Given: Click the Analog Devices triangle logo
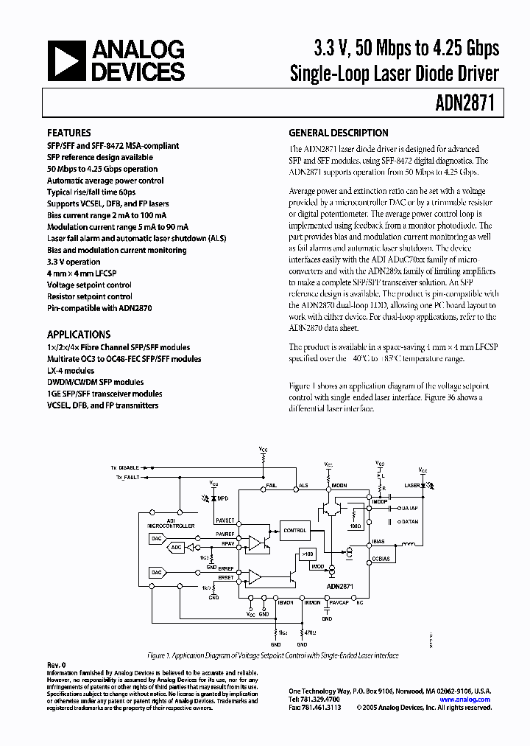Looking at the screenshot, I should point(66,61).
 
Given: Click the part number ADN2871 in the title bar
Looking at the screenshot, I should point(468,104).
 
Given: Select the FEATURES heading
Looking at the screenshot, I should point(70,133).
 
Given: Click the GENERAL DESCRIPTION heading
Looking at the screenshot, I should point(338,133).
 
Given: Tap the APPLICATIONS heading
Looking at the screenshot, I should point(79,334).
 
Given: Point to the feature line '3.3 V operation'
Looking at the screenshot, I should point(74,262).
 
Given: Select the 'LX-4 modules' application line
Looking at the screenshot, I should point(71,371).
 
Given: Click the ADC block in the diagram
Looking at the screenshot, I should point(176,548).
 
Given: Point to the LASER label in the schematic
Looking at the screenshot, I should point(413,486).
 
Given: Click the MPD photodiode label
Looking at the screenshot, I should point(222,499).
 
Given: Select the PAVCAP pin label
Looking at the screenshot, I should point(339,602).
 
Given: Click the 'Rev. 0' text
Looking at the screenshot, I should point(56,666).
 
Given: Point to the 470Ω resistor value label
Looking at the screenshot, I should point(310,632).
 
